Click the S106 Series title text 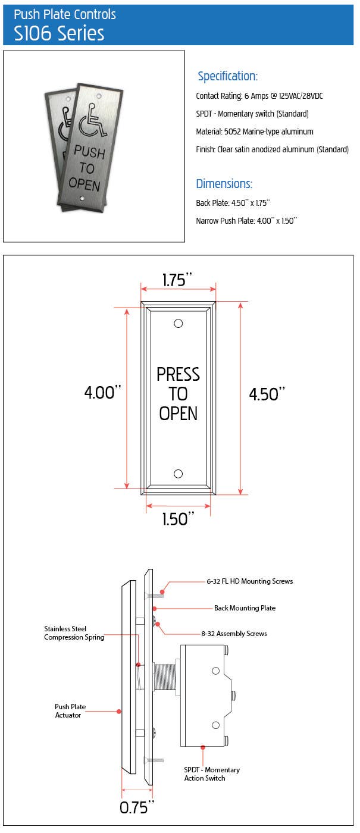click(x=59, y=33)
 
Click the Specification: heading click(x=227, y=76)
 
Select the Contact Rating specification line click(x=259, y=96)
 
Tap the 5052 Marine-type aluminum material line click(x=254, y=131)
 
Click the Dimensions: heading click(x=224, y=183)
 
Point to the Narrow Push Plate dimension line click(x=246, y=221)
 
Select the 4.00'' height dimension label click(x=102, y=392)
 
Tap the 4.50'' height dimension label click(x=267, y=394)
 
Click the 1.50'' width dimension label click(x=179, y=519)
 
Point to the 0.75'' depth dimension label click(x=137, y=807)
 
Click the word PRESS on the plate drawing click(x=178, y=374)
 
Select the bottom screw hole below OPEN click(x=178, y=474)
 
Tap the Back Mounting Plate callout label click(x=245, y=608)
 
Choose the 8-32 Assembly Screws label click(x=234, y=634)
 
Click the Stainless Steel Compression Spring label click(x=74, y=633)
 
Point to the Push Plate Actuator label click(x=70, y=711)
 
